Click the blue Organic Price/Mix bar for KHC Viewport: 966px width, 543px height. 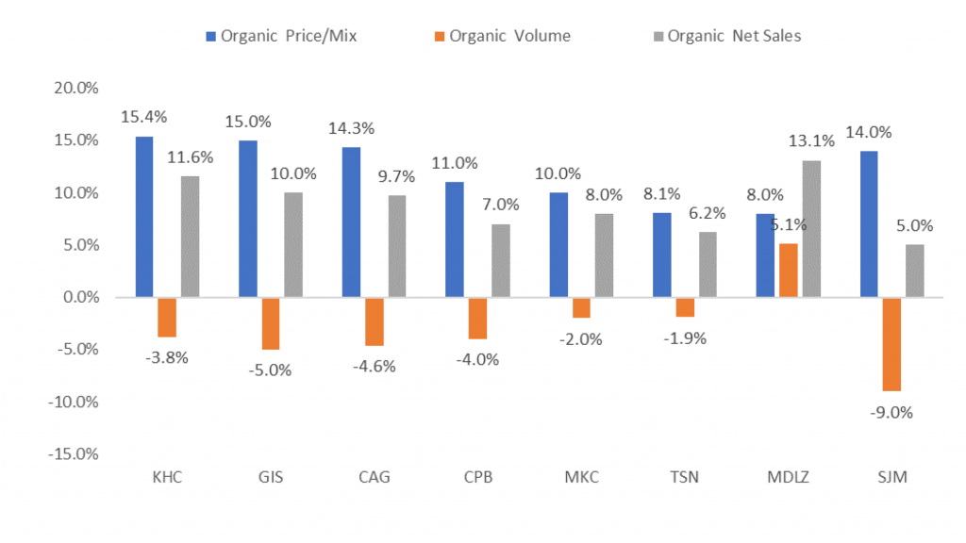[x=144, y=217]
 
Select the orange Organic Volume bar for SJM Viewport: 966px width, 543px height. [x=891, y=344]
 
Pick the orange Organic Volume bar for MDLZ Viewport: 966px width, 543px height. [x=788, y=271]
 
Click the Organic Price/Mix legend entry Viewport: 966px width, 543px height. [x=281, y=37]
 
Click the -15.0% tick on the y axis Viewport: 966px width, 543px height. [x=75, y=454]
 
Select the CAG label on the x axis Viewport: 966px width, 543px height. [x=374, y=477]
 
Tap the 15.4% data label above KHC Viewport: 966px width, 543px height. [x=144, y=117]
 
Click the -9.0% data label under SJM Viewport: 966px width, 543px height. [x=891, y=412]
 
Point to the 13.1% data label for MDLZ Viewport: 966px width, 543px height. [x=812, y=141]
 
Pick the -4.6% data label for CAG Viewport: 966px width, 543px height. [x=374, y=366]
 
